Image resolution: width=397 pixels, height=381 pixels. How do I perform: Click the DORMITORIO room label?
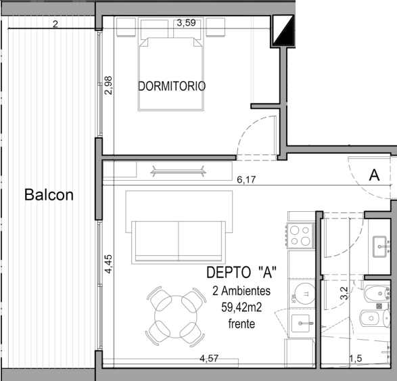172,86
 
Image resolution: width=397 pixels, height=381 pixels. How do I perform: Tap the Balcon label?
49,194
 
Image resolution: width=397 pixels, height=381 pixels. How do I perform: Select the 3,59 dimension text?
186,23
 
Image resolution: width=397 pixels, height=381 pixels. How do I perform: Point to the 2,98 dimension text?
108,85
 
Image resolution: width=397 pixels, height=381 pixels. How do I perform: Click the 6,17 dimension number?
246,179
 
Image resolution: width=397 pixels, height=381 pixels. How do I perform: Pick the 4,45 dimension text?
108,264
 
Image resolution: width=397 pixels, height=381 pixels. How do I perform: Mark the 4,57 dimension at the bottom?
209,358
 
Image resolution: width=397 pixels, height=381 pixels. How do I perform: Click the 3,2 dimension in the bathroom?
344,293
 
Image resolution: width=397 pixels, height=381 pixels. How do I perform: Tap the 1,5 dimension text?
356,359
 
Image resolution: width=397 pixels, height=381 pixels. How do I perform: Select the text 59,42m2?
241,307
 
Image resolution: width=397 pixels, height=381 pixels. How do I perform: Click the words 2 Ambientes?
241,291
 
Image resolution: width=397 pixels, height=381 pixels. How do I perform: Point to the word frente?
241,323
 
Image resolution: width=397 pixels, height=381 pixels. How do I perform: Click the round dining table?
176,317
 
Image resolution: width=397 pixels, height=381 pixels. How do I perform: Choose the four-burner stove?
300,235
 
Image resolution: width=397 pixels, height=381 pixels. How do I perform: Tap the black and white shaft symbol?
283,30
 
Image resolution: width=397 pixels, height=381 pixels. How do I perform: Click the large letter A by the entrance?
374,175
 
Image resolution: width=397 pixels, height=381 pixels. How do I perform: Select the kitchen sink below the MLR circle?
300,323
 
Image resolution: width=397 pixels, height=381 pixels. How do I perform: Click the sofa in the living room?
179,242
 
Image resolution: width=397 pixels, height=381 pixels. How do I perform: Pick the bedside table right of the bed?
216,27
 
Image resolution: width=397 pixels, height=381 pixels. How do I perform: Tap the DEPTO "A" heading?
241,273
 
